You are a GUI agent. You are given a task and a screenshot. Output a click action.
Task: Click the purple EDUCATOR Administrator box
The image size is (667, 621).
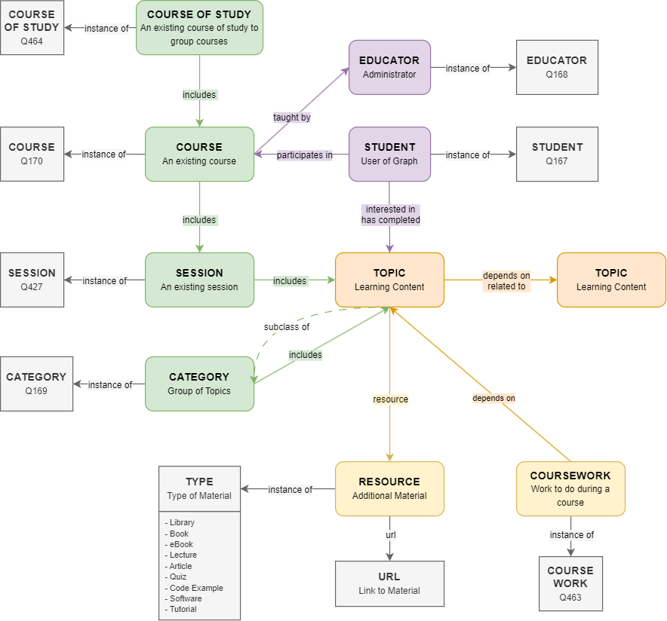tap(389, 67)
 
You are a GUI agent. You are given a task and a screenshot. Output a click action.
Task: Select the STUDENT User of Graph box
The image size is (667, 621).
tap(389, 154)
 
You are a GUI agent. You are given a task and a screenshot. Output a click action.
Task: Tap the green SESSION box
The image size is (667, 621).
tap(199, 280)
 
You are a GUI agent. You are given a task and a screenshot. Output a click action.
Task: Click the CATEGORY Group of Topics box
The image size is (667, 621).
tap(199, 384)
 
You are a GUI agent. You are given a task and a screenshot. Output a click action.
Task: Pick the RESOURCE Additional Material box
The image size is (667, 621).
tap(389, 488)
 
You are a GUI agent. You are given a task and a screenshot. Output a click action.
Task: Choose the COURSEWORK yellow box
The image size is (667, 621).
tap(570, 488)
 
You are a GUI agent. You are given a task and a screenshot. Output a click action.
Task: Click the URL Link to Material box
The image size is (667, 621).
tap(389, 583)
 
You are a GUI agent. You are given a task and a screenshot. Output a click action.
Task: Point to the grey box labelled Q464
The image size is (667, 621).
tap(32, 28)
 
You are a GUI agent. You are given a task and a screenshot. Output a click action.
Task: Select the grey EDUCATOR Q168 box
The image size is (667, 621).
tap(557, 67)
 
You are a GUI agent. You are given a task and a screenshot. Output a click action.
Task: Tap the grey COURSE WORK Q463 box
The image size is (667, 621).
tap(570, 584)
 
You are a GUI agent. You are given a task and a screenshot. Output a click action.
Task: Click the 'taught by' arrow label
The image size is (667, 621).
tap(292, 118)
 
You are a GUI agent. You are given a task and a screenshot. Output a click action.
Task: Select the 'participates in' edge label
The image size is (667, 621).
tap(305, 155)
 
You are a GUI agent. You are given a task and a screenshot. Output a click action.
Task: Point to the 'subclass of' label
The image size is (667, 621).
tap(287, 327)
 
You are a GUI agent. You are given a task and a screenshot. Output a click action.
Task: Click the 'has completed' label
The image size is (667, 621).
tap(390, 220)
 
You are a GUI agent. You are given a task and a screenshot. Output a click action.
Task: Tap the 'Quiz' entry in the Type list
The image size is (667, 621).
tap(178, 577)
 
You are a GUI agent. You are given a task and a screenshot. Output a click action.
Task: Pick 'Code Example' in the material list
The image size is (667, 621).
tap(196, 588)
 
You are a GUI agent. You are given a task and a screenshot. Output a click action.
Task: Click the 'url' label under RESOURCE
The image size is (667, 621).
tap(390, 535)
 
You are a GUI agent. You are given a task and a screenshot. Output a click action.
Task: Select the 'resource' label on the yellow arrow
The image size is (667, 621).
tap(390, 399)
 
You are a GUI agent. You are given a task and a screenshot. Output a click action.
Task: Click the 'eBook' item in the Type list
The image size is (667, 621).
tap(181, 544)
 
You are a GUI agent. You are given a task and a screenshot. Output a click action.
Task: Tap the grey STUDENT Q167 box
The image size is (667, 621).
tap(557, 154)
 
